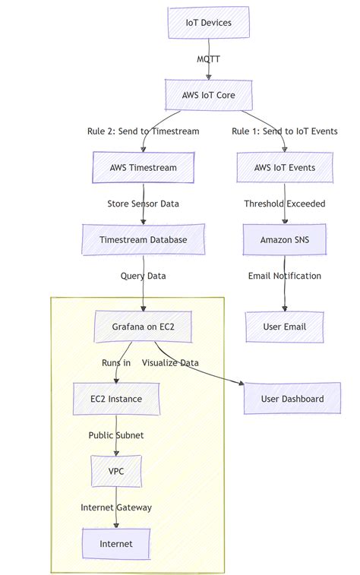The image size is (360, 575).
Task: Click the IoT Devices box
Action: coord(209,23)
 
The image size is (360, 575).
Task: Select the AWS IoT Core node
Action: coord(208,95)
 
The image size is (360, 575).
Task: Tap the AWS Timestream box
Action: coord(143,167)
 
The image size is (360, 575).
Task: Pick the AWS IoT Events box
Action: coord(285,167)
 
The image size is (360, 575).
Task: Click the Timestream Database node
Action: coord(143,239)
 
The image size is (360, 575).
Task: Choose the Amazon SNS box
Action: coord(285,239)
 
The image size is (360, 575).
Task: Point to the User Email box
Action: coord(285,327)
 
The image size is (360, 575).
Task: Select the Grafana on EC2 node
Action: coord(143,327)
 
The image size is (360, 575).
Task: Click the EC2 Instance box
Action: coord(116,399)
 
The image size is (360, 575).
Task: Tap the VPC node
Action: coord(116,471)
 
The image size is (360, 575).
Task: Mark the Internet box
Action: coord(116,544)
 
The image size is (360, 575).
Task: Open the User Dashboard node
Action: coord(292,399)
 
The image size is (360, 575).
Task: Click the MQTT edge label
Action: coord(209,58)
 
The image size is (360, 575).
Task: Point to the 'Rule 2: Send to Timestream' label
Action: coord(143,131)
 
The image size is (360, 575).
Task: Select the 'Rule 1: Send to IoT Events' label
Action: coord(285,131)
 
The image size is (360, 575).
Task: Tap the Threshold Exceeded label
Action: coord(285,204)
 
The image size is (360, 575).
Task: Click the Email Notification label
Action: coord(285,276)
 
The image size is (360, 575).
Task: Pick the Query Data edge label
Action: coord(143,276)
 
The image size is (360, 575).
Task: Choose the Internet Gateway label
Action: coord(116,507)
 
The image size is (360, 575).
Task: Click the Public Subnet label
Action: coord(116,435)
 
